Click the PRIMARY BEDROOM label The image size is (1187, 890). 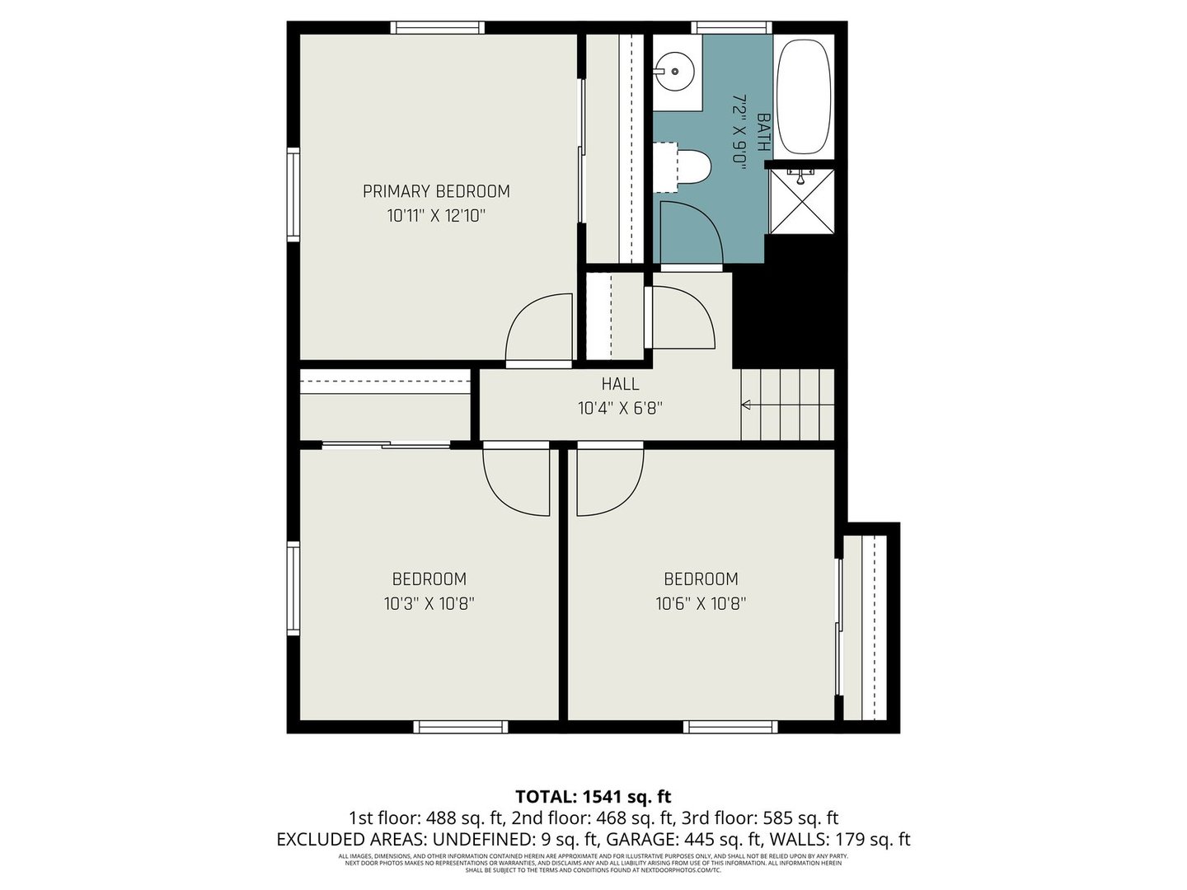click(436, 191)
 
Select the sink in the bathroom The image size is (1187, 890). click(675, 70)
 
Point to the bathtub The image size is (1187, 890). click(803, 96)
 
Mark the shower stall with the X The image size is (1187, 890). click(800, 202)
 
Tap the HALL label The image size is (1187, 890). click(620, 384)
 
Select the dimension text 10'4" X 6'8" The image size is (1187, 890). click(620, 408)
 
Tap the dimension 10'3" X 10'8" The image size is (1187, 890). click(429, 604)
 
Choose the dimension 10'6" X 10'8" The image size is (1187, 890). click(701, 604)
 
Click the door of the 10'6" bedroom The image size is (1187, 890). click(608, 482)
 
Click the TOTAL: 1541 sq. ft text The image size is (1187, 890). click(593, 797)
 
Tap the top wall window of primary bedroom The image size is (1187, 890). click(437, 28)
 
